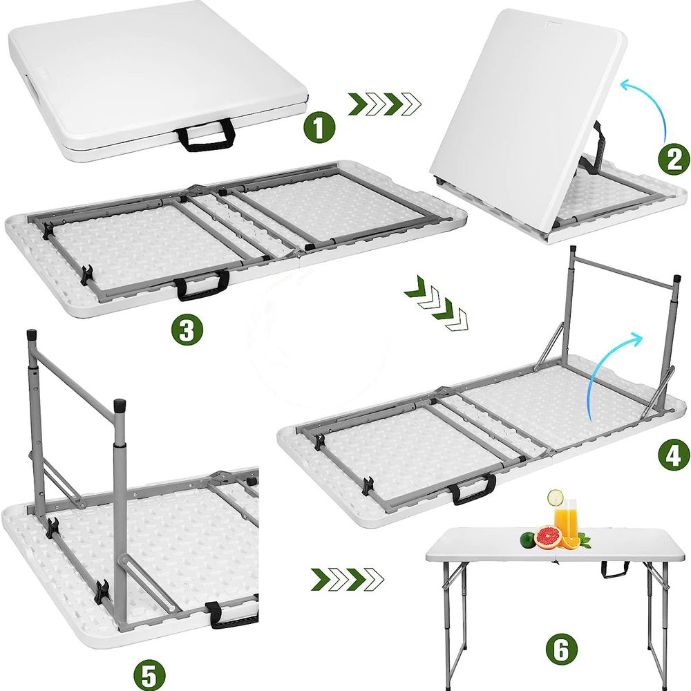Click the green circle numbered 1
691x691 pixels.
coord(319,127)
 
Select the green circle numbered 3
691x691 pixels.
coord(187,330)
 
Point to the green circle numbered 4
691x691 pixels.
coord(674,455)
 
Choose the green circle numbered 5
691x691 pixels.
coord(150,674)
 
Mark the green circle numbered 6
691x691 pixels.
coord(561,649)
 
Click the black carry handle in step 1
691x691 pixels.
coord(205,134)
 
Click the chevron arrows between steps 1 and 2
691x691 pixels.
coord(385,104)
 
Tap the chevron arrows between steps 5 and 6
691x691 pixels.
coord(348,579)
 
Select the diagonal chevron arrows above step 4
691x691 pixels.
coord(436,304)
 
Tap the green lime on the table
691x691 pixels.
coord(528,540)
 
